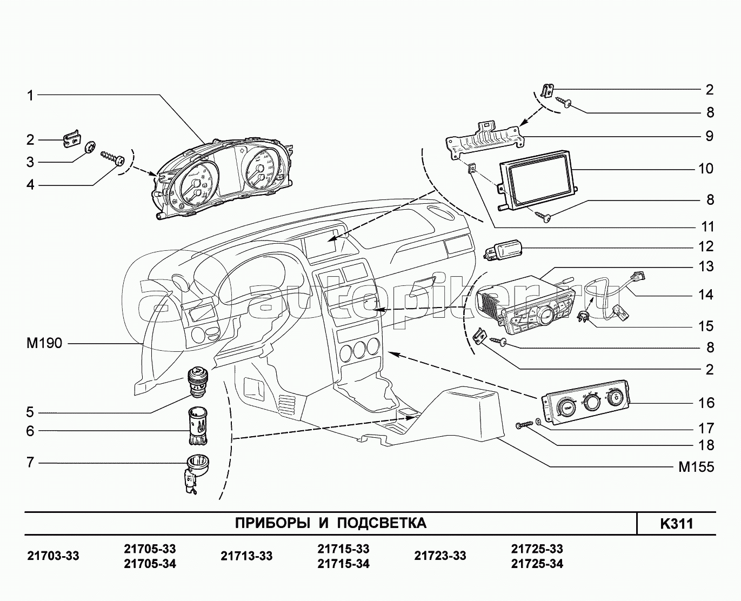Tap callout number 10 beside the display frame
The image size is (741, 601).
tap(705, 169)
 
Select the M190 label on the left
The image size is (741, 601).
tap(44, 343)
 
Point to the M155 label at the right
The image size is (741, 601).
tap(696, 467)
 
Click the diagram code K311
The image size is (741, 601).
tap(676, 524)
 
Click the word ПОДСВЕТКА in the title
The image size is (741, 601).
tap(382, 523)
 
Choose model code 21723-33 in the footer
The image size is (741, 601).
tap(440, 556)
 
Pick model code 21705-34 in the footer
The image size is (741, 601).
tap(150, 564)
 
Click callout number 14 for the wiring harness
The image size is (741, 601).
tap(705, 295)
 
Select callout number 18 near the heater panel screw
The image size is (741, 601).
tap(705, 445)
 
